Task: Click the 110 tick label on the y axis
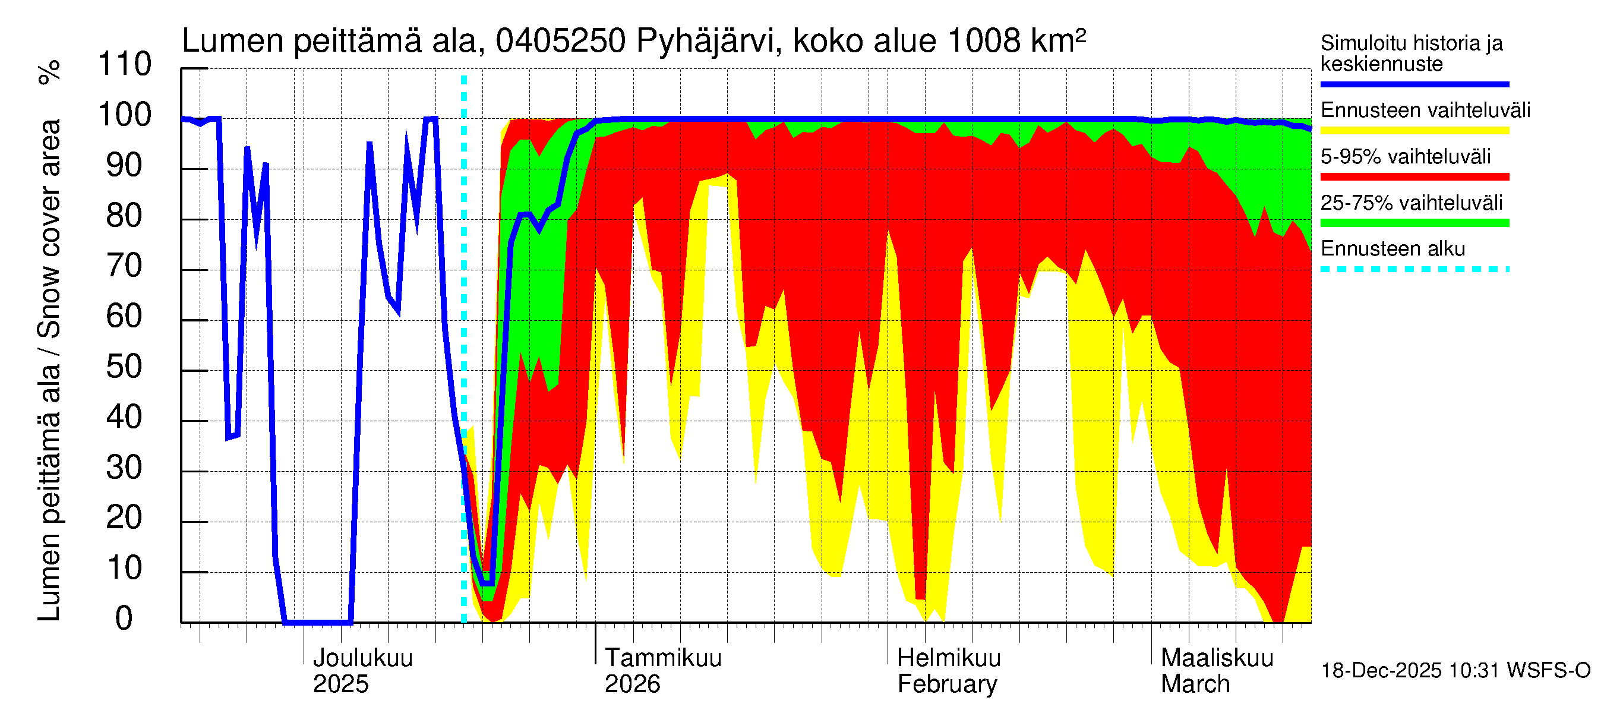(x=125, y=64)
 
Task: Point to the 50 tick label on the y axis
(x=125, y=367)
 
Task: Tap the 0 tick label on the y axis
(x=125, y=619)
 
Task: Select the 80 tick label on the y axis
(x=125, y=216)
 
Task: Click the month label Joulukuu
(x=362, y=658)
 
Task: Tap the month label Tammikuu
(x=663, y=658)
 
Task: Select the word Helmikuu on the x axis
(x=949, y=658)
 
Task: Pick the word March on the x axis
(x=1195, y=684)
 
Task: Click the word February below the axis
(x=947, y=684)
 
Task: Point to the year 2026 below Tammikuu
(x=632, y=684)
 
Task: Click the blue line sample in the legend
(x=1414, y=84)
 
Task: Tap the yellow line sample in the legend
(x=1414, y=131)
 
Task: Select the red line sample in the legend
(x=1414, y=177)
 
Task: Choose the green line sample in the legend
(x=1414, y=223)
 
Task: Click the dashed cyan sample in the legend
(x=1414, y=270)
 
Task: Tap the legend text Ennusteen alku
(x=1393, y=249)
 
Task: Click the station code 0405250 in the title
(x=560, y=41)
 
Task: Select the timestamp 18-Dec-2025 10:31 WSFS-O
(x=1455, y=671)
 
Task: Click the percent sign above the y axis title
(x=49, y=72)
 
